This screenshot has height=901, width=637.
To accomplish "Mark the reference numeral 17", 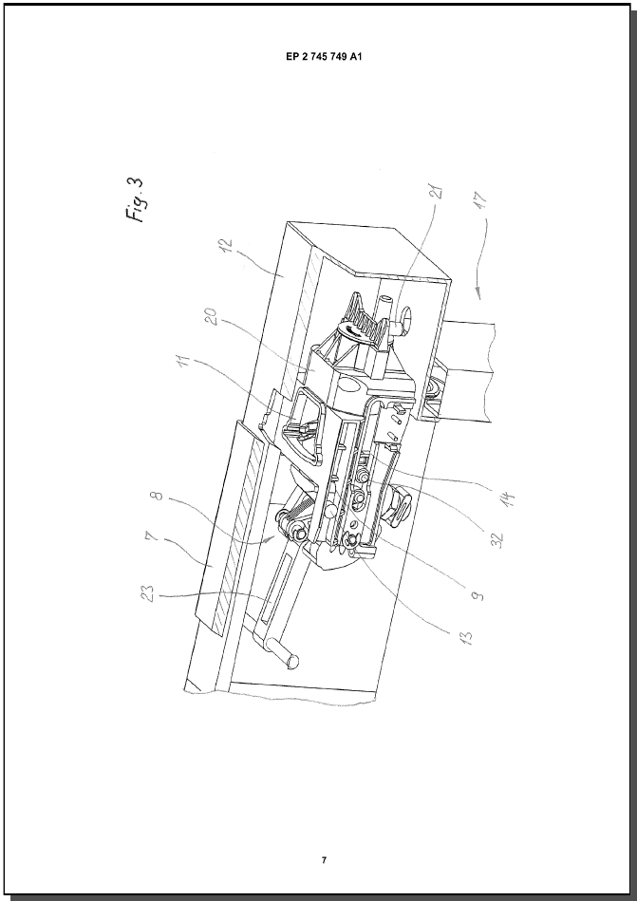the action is pos(481,199).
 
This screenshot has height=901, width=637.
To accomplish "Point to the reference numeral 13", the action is pos(466,638).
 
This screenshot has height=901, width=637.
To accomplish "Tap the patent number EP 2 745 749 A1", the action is pos(324,57).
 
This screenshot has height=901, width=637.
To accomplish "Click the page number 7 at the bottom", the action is pos(324,860).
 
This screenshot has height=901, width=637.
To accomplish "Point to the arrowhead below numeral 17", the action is pos(477,295).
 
